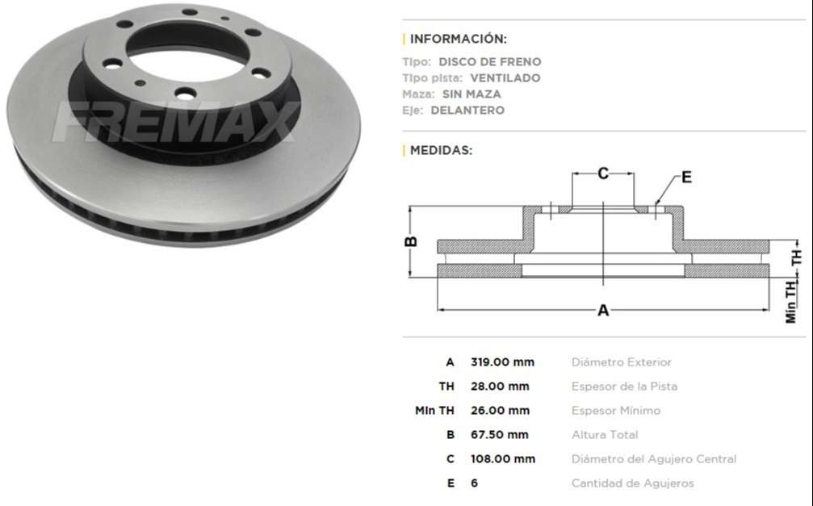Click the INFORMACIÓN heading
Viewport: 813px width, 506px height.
click(458, 39)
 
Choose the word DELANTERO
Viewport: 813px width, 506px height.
click(467, 110)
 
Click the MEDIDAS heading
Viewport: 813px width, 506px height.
click(441, 150)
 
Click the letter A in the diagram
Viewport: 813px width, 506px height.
click(602, 311)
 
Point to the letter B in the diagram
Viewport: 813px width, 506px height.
click(410, 241)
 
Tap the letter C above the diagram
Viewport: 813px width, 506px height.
click(602, 173)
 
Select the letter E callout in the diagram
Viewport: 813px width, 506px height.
click(685, 178)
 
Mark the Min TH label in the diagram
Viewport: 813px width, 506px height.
click(791, 300)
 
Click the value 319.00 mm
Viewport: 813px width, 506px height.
click(502, 362)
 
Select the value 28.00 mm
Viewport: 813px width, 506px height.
click(500, 387)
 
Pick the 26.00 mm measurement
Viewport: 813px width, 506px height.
click(500, 411)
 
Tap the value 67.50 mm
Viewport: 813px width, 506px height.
click(500, 435)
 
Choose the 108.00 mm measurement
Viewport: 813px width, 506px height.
click(502, 459)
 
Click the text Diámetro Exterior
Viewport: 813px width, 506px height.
click(621, 362)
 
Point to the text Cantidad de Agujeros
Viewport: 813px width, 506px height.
click(632, 483)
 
